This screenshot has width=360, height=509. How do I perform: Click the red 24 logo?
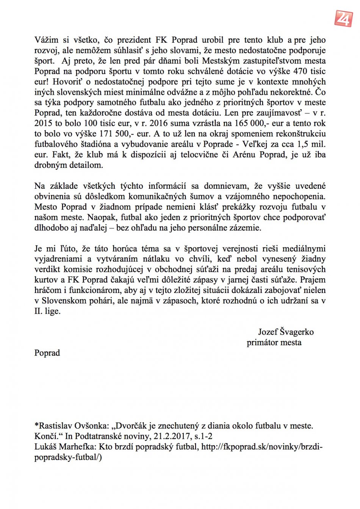343,18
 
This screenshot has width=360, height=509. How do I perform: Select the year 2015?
43,124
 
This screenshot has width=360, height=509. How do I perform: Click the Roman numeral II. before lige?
39,312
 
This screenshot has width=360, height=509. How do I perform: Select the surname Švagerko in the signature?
297,332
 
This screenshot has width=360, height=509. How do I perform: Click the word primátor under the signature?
261,343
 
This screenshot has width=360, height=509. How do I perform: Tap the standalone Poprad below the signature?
47,353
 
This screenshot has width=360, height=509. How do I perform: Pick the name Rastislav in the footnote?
56,426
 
